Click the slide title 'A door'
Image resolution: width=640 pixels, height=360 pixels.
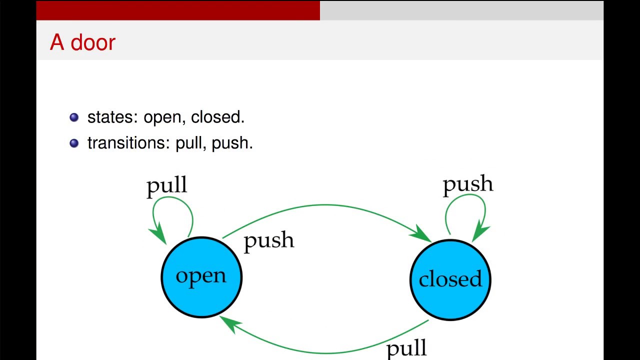[82, 42]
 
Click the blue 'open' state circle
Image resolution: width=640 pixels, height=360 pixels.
[201, 277]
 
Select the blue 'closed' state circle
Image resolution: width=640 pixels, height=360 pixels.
[450, 279]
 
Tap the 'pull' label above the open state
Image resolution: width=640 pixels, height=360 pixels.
[166, 186]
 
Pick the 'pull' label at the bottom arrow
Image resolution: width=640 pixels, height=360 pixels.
[406, 347]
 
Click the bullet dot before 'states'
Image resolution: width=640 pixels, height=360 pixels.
[74, 117]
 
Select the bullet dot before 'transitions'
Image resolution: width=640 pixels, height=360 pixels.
[74, 143]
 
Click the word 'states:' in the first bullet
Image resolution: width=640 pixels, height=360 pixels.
[113, 117]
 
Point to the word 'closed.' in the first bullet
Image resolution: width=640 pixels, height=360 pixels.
[217, 117]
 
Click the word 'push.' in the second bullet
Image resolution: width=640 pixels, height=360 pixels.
[232, 143]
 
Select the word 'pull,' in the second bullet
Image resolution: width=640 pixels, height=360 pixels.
[191, 143]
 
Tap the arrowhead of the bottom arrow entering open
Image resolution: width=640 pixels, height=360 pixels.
[228, 322]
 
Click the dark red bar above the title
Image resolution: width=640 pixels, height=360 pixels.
[178, 10]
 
